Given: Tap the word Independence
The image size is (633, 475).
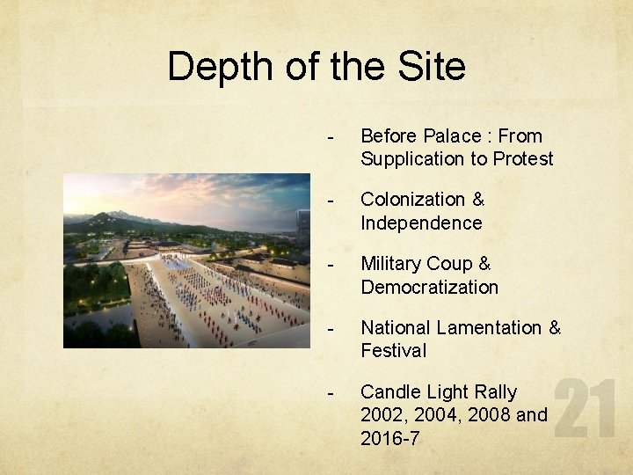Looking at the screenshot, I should tap(421, 223).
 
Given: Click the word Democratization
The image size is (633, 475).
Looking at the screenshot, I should tap(429, 288).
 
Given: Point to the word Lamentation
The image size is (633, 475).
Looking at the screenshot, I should tap(487, 328).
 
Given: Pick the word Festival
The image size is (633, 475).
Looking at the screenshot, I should tap(393, 351).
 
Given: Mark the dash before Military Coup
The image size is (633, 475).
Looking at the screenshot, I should tap(331, 265).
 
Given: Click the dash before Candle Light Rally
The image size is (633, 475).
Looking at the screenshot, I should tap(331, 391).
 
